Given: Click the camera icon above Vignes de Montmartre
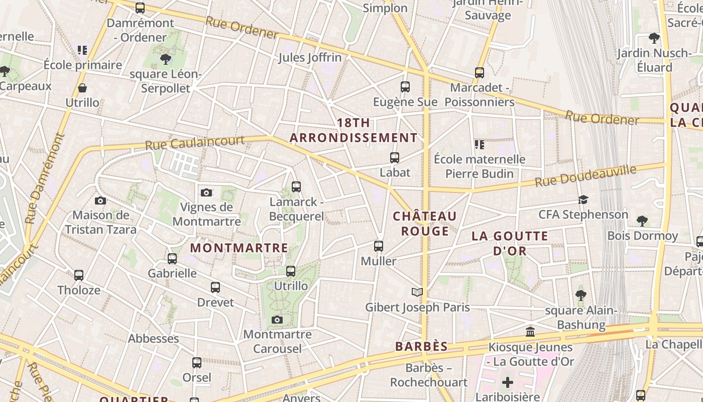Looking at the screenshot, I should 206,192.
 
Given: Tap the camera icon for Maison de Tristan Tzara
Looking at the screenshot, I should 100,200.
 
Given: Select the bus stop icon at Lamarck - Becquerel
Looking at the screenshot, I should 296,187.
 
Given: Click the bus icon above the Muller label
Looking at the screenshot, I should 379,246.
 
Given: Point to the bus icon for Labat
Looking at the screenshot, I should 395,158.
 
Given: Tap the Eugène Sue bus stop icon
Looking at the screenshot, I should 405,87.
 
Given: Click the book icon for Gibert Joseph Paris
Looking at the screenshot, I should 417,292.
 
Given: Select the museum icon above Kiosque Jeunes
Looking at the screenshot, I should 530,332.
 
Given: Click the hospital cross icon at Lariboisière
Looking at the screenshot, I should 508,382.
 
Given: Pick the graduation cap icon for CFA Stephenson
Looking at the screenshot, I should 583,200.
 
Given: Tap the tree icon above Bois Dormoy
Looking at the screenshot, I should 642,221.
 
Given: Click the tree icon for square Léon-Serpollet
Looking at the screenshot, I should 165,60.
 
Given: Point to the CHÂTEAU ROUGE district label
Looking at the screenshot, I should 425,224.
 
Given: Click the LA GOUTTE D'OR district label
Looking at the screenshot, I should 510,243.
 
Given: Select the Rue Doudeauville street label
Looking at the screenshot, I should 585,175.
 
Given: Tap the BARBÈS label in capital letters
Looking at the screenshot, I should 421,346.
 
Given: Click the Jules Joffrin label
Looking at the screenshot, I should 310,57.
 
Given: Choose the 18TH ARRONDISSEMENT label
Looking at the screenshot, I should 354,130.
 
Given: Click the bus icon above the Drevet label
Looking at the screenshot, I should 215,287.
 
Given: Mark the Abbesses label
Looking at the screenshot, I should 154,338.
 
